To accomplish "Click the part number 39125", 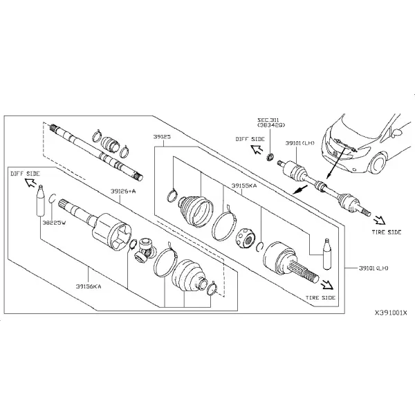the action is tap(162, 137).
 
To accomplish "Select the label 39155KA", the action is tap(244, 185).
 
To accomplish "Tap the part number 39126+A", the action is tap(123, 191).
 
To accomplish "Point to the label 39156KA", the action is tap(89, 286).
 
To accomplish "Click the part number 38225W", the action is tap(54, 223).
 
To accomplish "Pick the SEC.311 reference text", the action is tap(268, 120).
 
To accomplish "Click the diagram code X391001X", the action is tap(391, 313).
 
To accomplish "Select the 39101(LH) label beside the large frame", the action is tap(373, 268).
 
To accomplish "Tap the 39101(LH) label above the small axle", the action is tap(300, 143).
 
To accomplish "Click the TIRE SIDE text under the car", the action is tap(387, 232).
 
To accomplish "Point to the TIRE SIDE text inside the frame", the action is tap(320, 297).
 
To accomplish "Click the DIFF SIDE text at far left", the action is tap(25, 174).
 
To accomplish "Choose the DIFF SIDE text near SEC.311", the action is tap(250, 139).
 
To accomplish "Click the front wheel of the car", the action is tap(378, 164).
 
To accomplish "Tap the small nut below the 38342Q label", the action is tap(270, 157).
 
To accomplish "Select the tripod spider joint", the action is tap(144, 250).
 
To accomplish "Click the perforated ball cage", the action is tap(245, 238).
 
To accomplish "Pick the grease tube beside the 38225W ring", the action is tap(40, 201).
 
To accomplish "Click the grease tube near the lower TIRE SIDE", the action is tap(327, 254).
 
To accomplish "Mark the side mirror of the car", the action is tap(398, 131).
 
